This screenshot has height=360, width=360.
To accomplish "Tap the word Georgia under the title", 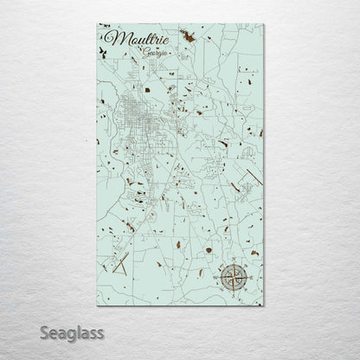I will click(x=158, y=55).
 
